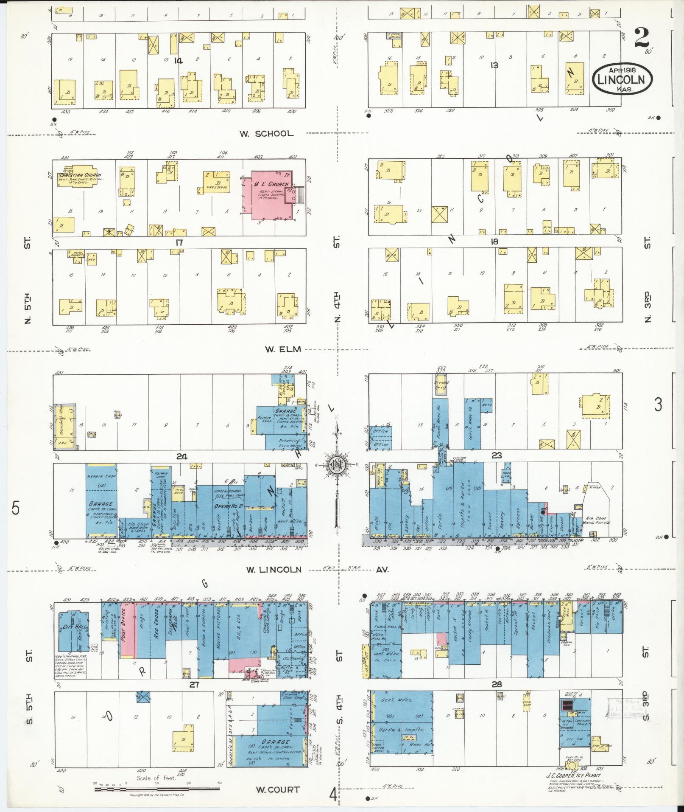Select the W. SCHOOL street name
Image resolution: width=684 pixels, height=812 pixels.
[x=266, y=133]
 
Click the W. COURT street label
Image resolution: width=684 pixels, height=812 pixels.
[x=278, y=790]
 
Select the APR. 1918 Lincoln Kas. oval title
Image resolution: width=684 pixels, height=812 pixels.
[x=622, y=79]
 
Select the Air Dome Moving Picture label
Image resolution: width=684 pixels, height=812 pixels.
[x=597, y=520]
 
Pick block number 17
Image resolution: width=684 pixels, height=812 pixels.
[x=179, y=242]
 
